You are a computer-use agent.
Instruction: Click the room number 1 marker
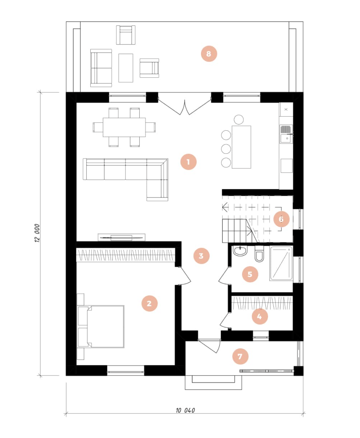tap(188, 161)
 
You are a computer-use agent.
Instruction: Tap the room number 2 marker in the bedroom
tap(149, 303)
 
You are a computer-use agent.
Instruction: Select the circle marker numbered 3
tap(201, 256)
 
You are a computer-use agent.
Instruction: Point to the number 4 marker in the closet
tap(260, 316)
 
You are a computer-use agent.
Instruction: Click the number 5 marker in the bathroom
tap(250, 274)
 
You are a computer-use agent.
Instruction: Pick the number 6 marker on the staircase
tap(281, 219)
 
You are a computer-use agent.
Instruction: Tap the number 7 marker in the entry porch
tap(240, 356)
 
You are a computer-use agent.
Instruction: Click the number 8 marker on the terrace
tap(209, 54)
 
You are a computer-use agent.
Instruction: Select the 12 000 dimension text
tap(37, 233)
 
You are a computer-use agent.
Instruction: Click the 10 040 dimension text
tap(185, 410)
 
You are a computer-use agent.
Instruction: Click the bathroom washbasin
tap(240, 251)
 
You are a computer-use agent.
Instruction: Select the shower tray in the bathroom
tap(281, 264)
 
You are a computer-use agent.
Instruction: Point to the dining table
tap(124, 127)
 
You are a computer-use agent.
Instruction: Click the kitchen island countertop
tap(241, 147)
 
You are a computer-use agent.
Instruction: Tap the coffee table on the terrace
tap(126, 68)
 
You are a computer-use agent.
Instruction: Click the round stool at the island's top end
tap(239, 119)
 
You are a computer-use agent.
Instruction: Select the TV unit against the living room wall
tap(122, 238)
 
